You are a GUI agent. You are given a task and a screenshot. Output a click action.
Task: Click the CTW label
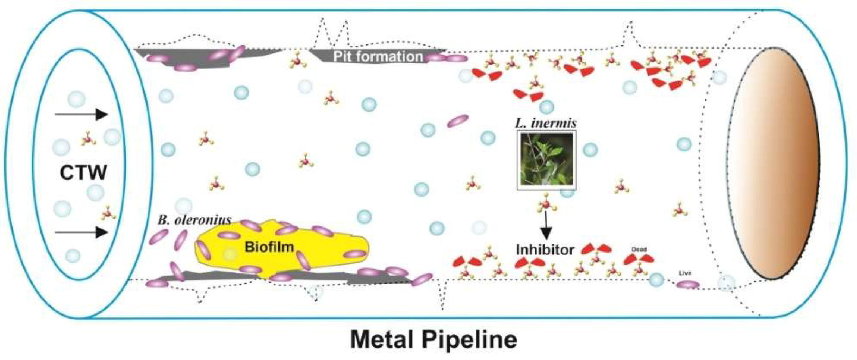click(83, 173)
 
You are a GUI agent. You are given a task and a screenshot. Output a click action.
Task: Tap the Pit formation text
click(378, 57)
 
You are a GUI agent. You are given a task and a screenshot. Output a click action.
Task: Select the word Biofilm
click(269, 247)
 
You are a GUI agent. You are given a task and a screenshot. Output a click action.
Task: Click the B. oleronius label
click(194, 220)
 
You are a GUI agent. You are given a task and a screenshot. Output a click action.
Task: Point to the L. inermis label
click(546, 123)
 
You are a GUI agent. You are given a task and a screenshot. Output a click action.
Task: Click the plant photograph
click(546, 160)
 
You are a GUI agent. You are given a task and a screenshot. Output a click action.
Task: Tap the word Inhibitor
click(545, 250)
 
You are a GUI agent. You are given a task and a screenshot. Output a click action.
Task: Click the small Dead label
click(639, 249)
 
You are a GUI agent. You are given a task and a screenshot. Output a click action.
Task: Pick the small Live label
click(684, 273)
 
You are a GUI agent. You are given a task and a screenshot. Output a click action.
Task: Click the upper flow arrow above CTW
click(81, 115)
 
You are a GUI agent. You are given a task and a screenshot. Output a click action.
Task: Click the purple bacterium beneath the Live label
click(688, 285)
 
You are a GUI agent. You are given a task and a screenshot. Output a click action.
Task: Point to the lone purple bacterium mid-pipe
click(458, 121)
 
